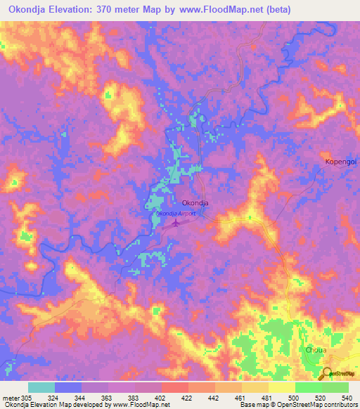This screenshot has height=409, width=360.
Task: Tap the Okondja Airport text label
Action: tap(176, 213)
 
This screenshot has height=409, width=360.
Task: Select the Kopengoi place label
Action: tap(341, 162)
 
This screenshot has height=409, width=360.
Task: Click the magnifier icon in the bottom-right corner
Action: tap(328, 373)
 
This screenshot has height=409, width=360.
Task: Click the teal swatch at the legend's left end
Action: tap(41, 387)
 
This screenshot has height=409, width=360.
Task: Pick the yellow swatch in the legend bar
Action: tap(281, 387)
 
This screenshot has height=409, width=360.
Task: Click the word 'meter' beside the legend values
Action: tap(11, 397)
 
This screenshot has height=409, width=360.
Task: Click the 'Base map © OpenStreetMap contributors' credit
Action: tap(296, 405)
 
